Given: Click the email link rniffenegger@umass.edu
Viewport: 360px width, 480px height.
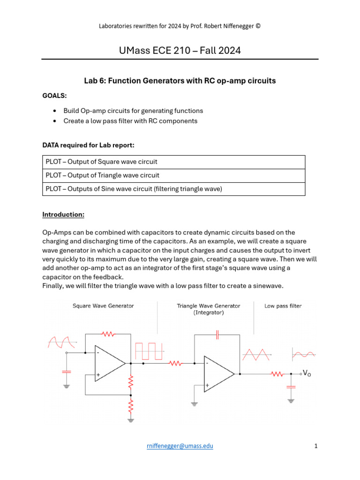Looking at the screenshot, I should [180, 446].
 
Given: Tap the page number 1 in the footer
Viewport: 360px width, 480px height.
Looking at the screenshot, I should [316, 446].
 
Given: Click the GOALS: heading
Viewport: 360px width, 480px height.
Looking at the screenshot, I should [54, 96].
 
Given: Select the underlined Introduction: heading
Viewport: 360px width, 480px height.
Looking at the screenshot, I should [63, 214].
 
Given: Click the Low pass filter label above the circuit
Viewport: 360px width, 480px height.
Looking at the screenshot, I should [283, 306].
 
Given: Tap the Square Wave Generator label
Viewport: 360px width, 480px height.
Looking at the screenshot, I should [103, 306].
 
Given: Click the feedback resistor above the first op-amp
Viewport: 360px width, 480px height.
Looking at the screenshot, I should [109, 334].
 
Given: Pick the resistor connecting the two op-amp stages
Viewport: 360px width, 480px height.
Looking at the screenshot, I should [175, 363].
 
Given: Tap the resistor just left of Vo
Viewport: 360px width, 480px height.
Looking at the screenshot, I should [277, 374].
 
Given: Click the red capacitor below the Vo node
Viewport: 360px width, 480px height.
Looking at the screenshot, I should [291, 387].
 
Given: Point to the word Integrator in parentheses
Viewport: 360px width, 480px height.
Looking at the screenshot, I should [209, 312].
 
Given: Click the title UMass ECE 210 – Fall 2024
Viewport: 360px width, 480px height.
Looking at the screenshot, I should [180, 50].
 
